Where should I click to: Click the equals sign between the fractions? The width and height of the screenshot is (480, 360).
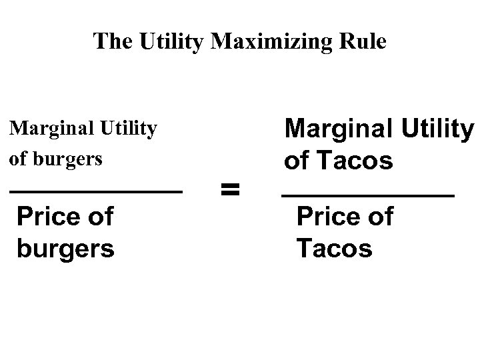click(x=229, y=191)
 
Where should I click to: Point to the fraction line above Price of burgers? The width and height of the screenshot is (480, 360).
click(x=95, y=192)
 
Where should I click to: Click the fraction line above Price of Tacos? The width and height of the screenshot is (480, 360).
click(x=367, y=195)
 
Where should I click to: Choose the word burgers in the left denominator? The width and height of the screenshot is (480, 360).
click(x=65, y=249)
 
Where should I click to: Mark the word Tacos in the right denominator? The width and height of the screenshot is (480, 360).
click(x=334, y=249)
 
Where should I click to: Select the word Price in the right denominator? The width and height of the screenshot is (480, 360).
click(x=326, y=217)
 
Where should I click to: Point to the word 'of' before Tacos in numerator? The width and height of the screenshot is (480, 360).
click(x=297, y=161)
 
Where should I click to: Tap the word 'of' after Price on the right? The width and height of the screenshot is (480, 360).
click(x=379, y=217)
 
